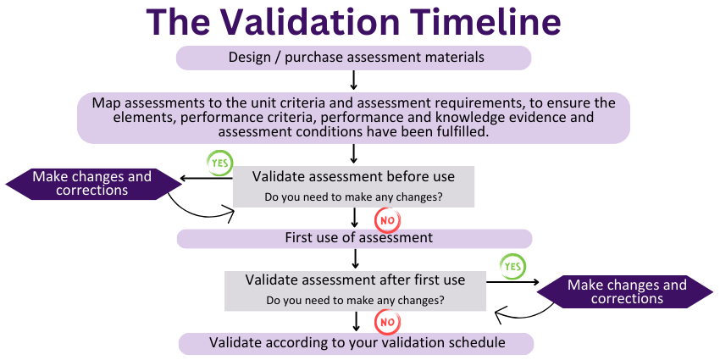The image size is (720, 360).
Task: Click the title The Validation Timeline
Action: (x=353, y=22)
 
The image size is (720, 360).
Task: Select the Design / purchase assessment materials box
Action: (x=353, y=58)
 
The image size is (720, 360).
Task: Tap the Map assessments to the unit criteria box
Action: (x=353, y=118)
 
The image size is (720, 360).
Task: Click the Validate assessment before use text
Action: (x=353, y=177)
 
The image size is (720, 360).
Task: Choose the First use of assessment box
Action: (x=353, y=238)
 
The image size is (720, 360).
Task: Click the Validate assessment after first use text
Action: (x=355, y=280)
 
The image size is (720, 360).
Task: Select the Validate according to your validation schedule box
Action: (x=356, y=343)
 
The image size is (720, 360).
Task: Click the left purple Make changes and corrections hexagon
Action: (x=92, y=184)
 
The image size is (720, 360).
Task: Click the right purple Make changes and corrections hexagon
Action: (x=627, y=292)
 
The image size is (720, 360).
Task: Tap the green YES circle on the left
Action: (x=220, y=161)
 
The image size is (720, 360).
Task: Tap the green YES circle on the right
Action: (x=512, y=266)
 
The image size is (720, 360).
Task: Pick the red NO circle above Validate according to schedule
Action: (x=387, y=322)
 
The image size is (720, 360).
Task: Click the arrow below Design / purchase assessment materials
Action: (x=353, y=80)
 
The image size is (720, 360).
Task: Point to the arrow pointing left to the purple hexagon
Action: (x=208, y=178)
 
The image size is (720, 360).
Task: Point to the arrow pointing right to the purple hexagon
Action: (x=512, y=283)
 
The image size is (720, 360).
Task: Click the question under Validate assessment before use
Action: (x=353, y=197)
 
